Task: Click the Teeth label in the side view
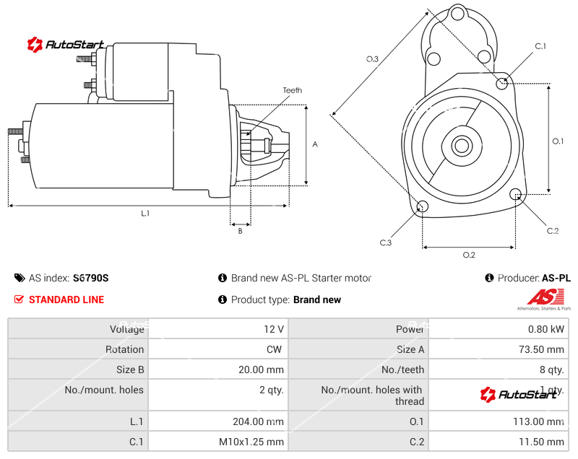tap(292, 90)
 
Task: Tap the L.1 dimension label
tap(145, 213)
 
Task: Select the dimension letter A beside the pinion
tap(315, 144)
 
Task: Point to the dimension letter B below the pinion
tap(240, 231)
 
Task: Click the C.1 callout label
tap(540, 46)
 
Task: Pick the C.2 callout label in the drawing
tap(553, 231)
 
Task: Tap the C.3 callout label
tap(386, 242)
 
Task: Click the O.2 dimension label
tap(468, 255)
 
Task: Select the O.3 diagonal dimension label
tap(372, 59)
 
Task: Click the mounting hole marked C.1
tap(503, 84)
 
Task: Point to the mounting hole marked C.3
tap(423, 208)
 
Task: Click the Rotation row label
tap(124, 349)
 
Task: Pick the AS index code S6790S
tap(90, 278)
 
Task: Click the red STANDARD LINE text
tap(66, 300)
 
